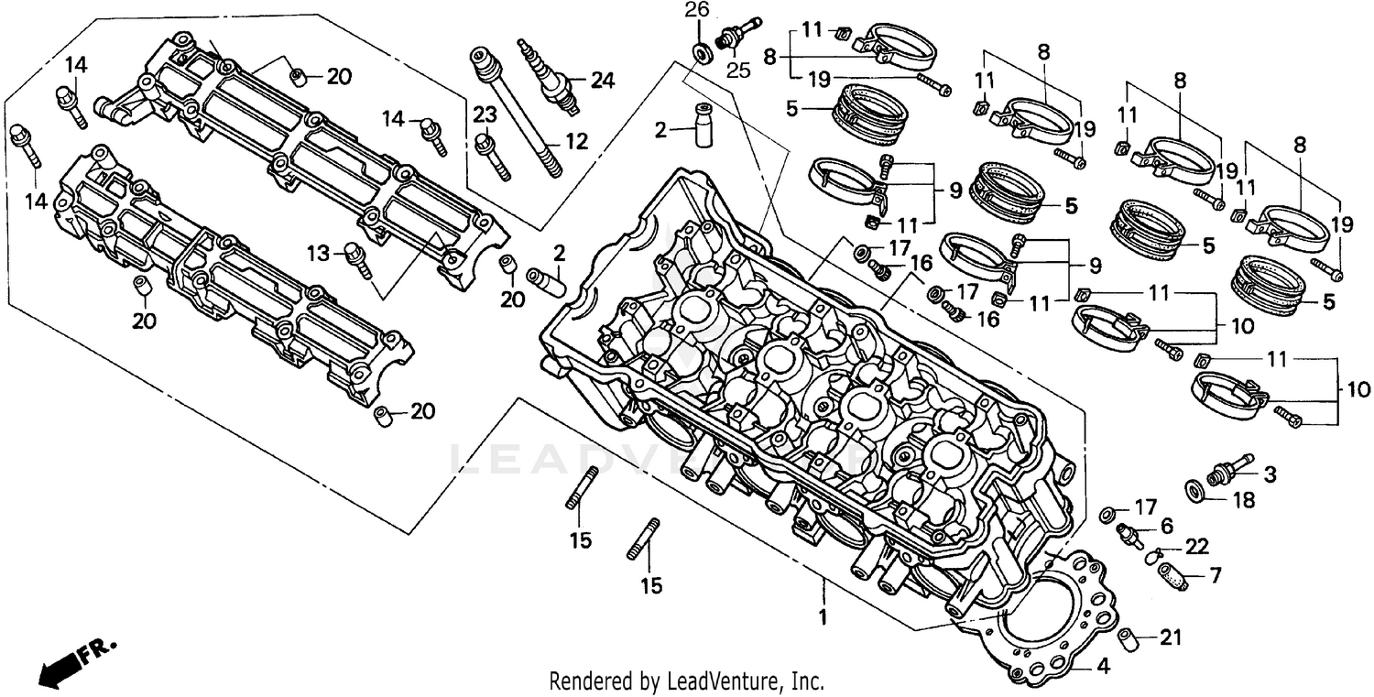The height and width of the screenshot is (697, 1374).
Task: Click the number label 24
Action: click(601, 81)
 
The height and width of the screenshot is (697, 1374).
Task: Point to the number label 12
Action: click(575, 142)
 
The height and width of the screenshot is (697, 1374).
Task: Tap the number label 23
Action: click(484, 114)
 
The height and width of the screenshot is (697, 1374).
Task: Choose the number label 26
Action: click(697, 11)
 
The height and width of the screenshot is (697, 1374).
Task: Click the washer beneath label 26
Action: click(701, 50)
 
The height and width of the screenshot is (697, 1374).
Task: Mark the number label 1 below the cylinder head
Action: click(823, 617)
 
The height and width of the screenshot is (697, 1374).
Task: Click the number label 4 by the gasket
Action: click(1103, 667)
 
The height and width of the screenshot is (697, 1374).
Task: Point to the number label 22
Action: click(1196, 547)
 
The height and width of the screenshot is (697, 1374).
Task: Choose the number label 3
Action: click(1270, 474)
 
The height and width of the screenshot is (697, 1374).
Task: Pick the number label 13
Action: click(317, 253)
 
